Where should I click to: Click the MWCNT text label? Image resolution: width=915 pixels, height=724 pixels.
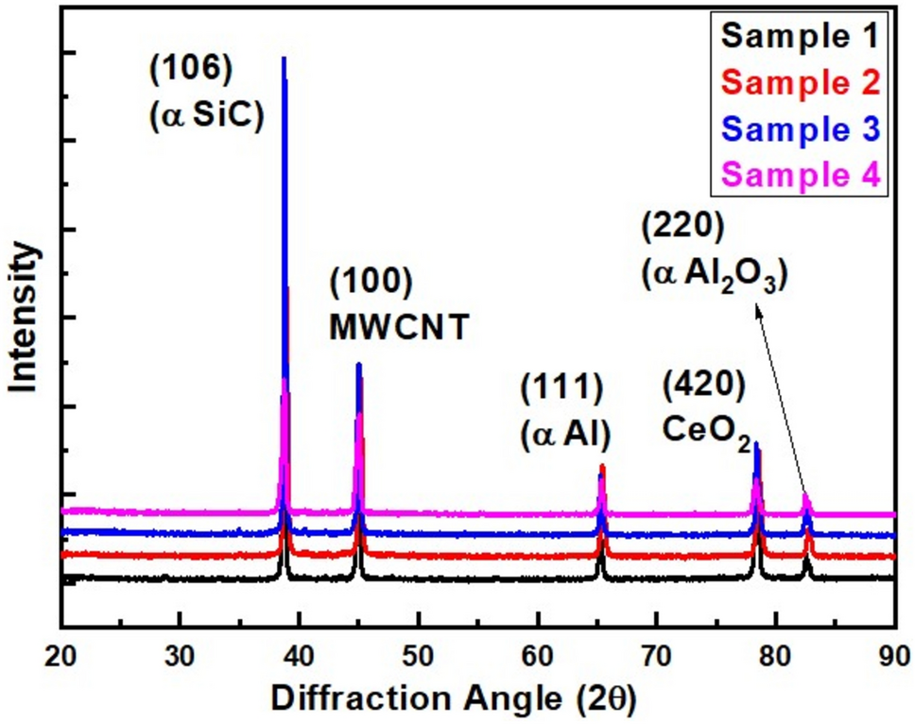[399, 326]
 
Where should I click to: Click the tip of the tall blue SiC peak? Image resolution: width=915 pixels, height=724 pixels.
[284, 59]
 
